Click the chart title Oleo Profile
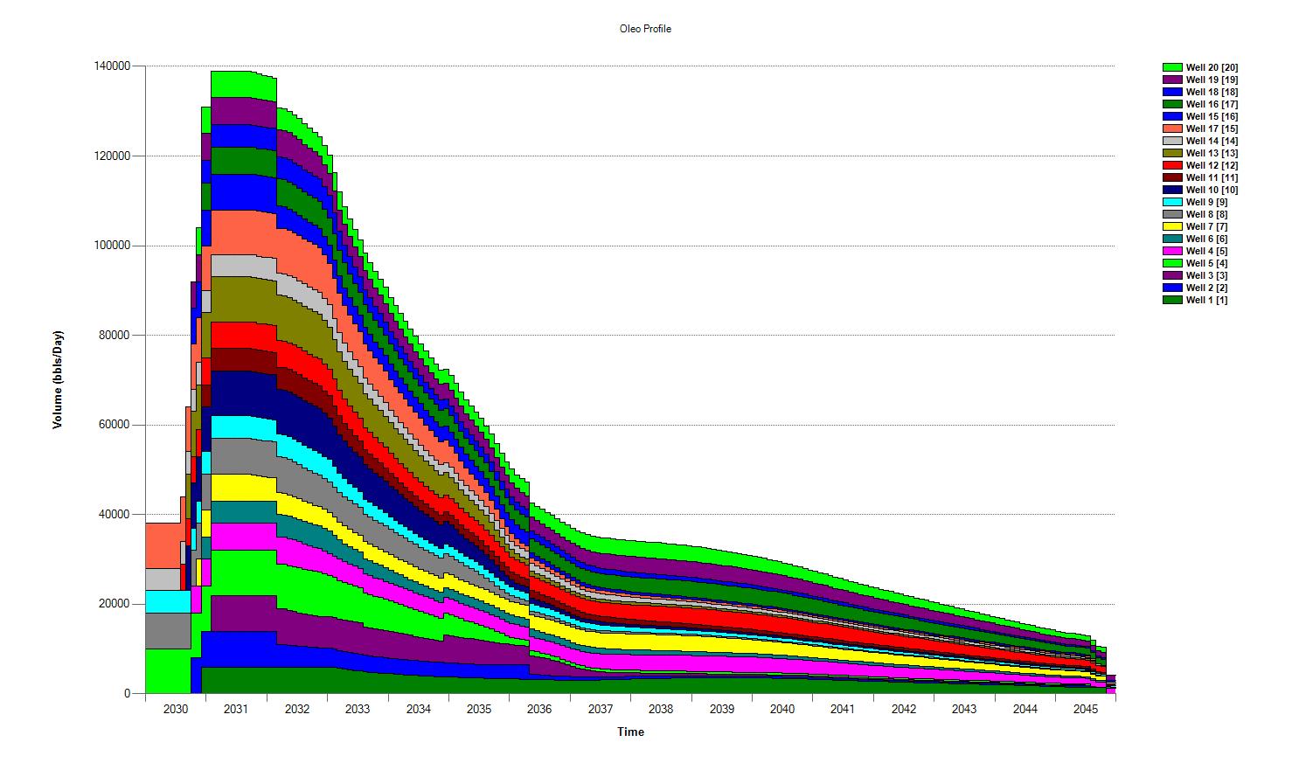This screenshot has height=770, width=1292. point(644,29)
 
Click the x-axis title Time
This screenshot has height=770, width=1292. point(630,732)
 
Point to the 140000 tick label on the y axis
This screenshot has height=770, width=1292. point(112,66)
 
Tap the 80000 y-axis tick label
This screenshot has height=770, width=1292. point(115,336)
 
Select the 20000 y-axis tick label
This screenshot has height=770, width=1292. point(115,604)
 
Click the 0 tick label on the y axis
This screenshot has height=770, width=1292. point(128,694)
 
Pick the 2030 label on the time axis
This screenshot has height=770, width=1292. point(176,709)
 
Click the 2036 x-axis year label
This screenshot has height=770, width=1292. point(539,709)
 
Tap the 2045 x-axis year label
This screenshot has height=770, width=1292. point(1086,709)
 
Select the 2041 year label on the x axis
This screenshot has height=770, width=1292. point(843,709)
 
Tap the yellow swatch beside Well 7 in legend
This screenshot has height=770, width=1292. point(1172,226)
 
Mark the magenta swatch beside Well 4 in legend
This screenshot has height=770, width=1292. point(1172,251)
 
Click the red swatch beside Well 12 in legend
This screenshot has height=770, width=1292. point(1172,165)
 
